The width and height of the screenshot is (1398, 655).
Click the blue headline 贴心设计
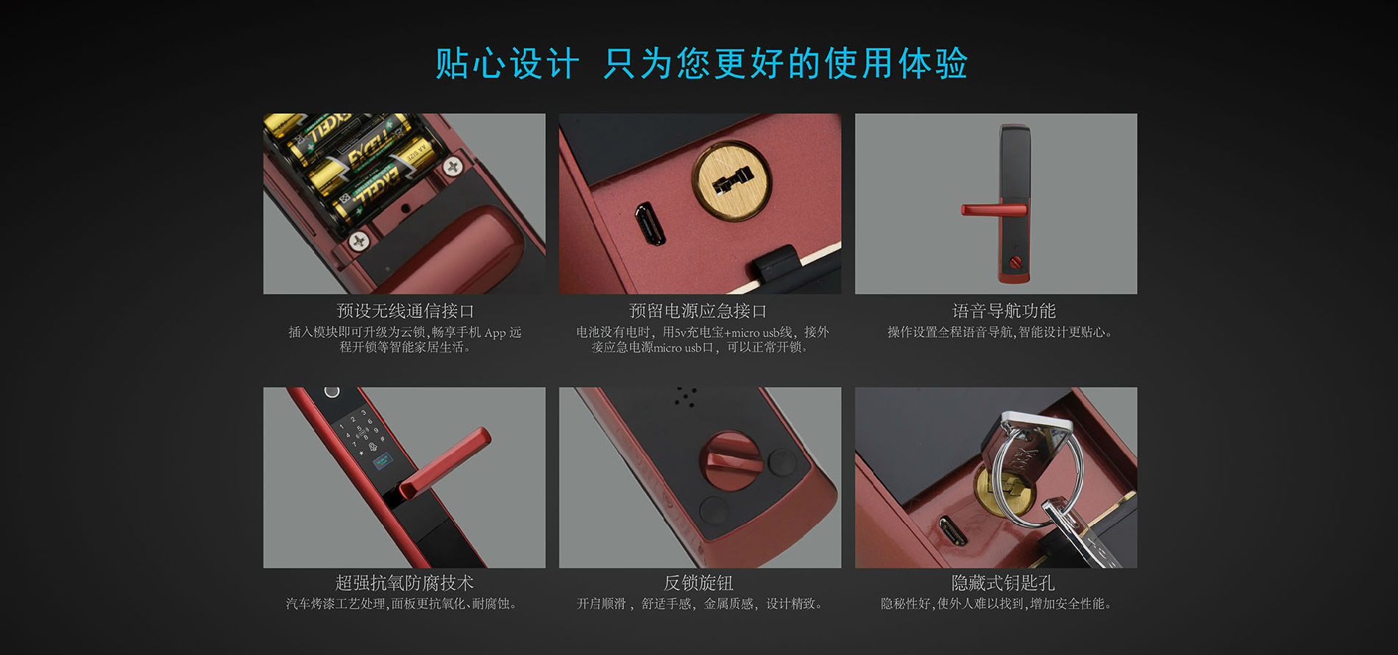[507, 63]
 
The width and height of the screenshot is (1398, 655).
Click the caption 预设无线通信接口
[405, 311]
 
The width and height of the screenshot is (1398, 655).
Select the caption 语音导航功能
[1004, 311]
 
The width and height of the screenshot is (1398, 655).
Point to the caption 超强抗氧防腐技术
[404, 583]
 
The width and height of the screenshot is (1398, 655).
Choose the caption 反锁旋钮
[698, 583]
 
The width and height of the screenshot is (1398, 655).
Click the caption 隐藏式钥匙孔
[1003, 583]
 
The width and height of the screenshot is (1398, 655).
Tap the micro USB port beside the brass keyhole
[650, 224]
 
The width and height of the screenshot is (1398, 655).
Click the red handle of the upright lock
[993, 210]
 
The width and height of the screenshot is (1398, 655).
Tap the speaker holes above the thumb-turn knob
[686, 397]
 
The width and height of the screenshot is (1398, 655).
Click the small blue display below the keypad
[383, 462]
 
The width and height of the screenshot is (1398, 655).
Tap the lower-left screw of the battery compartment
[359, 241]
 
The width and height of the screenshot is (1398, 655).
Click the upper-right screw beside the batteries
[452, 167]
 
